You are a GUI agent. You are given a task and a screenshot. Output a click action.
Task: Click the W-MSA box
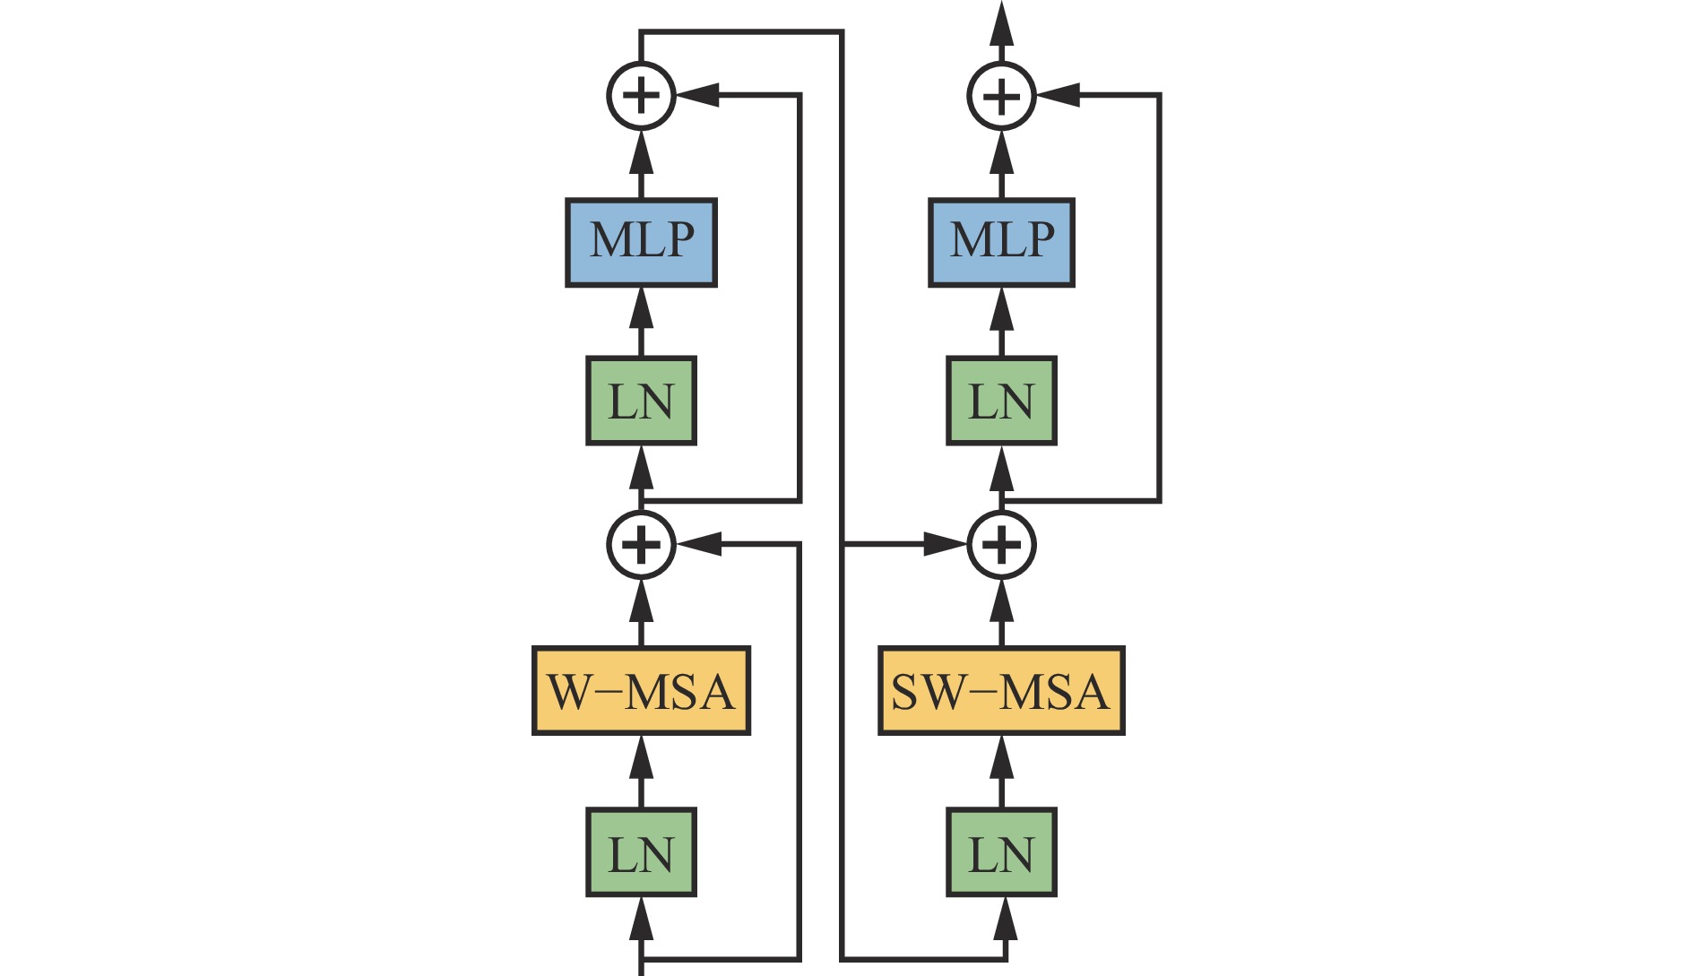point(641,691)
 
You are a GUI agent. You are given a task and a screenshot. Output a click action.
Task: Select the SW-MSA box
point(1001,691)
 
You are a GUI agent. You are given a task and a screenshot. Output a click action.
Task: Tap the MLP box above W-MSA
point(641,242)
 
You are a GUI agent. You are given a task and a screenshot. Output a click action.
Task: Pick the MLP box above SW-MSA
point(1001,242)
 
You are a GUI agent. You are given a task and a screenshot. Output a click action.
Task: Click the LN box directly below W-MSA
point(641,852)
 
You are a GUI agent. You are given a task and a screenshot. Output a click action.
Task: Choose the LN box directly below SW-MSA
point(1001,852)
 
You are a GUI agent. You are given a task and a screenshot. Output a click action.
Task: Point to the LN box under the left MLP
point(641,401)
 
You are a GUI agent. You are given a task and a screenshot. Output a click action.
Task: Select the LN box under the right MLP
point(1001,401)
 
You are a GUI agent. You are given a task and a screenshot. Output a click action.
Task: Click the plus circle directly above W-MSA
point(641,544)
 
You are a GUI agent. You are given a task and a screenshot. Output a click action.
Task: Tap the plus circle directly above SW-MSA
point(1001,544)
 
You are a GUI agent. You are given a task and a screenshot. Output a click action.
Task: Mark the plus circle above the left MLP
point(641,95)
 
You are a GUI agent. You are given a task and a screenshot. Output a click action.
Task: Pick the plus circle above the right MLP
point(1001,95)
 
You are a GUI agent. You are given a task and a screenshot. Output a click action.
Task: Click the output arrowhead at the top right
point(1001,22)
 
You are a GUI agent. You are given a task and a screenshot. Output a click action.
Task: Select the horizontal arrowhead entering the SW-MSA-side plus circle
point(946,544)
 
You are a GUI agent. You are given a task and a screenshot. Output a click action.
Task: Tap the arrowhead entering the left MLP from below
point(641,309)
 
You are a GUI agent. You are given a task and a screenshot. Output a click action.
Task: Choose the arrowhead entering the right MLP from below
point(1001,309)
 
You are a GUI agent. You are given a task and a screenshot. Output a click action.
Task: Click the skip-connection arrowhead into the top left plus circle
point(698,95)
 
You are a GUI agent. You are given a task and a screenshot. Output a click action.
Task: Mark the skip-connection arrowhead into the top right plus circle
point(1059,95)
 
